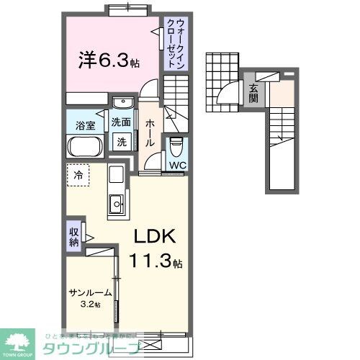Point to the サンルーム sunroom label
point(91,292)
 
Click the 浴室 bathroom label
point(86,126)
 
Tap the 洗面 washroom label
point(121,122)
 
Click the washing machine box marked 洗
point(122,142)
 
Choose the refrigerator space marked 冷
point(77,174)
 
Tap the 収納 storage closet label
point(74,237)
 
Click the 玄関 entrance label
point(253,94)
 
